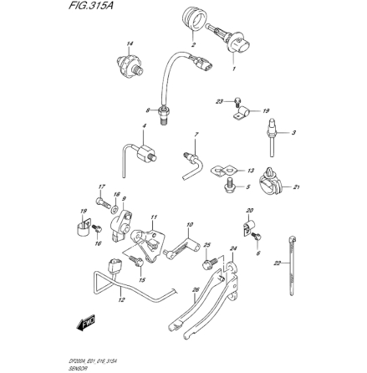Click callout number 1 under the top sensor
tap(233, 69)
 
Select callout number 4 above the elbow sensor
tap(143, 126)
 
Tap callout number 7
tap(196, 134)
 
